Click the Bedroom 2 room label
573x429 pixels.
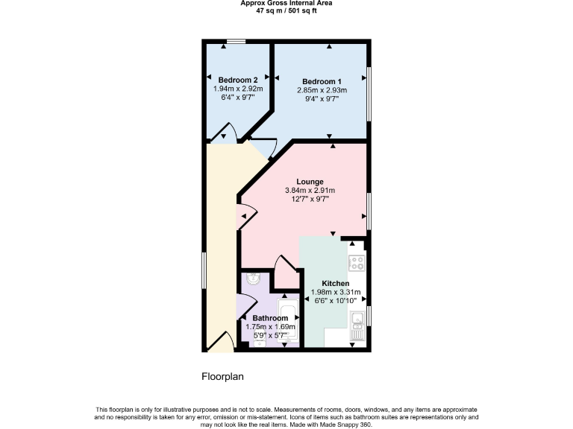[234, 80]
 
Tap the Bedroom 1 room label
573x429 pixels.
[322, 81]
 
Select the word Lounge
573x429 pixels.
[310, 182]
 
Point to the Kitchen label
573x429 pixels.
[336, 284]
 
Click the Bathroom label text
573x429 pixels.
[270, 318]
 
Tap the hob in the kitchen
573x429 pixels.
[357, 262]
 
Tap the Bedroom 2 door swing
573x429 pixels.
[224, 134]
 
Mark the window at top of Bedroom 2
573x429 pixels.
[237, 42]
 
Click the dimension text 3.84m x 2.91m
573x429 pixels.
[310, 191]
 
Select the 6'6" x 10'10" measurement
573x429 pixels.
[336, 301]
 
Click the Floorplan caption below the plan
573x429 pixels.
[222, 377]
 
